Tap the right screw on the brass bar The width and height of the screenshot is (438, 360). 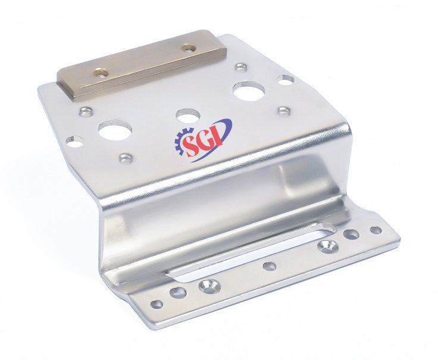coord(188,48)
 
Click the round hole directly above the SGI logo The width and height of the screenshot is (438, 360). coord(188,115)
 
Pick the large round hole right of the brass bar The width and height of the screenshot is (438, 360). coord(249,90)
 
